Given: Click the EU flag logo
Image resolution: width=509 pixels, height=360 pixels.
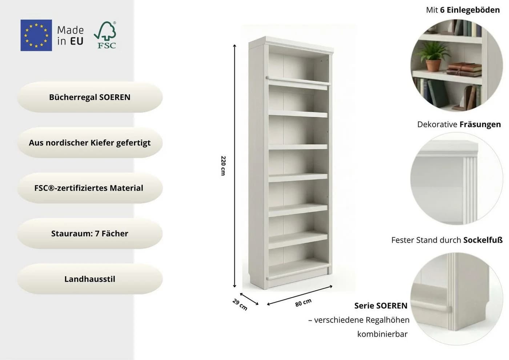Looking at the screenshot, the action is point(36,35).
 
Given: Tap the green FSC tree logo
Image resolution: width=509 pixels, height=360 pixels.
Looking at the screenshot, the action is point(105,35).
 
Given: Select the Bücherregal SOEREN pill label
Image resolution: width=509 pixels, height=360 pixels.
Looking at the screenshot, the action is point(90,97).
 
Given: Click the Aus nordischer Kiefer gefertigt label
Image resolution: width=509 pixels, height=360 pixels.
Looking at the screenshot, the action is point(90,143).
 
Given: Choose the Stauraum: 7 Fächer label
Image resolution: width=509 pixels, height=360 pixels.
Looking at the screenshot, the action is point(90,233).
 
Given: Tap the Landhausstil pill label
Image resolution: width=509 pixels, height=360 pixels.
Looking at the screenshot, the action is point(90,279).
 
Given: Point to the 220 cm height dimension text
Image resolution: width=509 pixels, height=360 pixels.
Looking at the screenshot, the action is point(223,166).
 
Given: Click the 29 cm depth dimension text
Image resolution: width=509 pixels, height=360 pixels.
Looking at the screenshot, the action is point(240,305).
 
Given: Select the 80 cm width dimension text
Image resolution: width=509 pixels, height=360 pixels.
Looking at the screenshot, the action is point(303,303).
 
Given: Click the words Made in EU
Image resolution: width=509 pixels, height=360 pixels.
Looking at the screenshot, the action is point(71,36).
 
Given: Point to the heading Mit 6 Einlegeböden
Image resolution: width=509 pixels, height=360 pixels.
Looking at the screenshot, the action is point(463,10).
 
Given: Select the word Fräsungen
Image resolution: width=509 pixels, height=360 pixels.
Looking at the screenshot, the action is point(480,124).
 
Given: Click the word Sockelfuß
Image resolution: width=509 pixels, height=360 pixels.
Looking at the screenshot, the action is point(483,240).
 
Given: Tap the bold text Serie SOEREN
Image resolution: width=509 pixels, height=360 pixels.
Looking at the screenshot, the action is point(381,306).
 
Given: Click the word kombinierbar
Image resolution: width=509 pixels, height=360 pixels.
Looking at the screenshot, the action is point(382,334).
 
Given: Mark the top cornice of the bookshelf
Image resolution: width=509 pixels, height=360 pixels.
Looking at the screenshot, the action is point(291,45).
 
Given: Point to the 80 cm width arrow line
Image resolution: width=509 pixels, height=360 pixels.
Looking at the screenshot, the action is point(300,295).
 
